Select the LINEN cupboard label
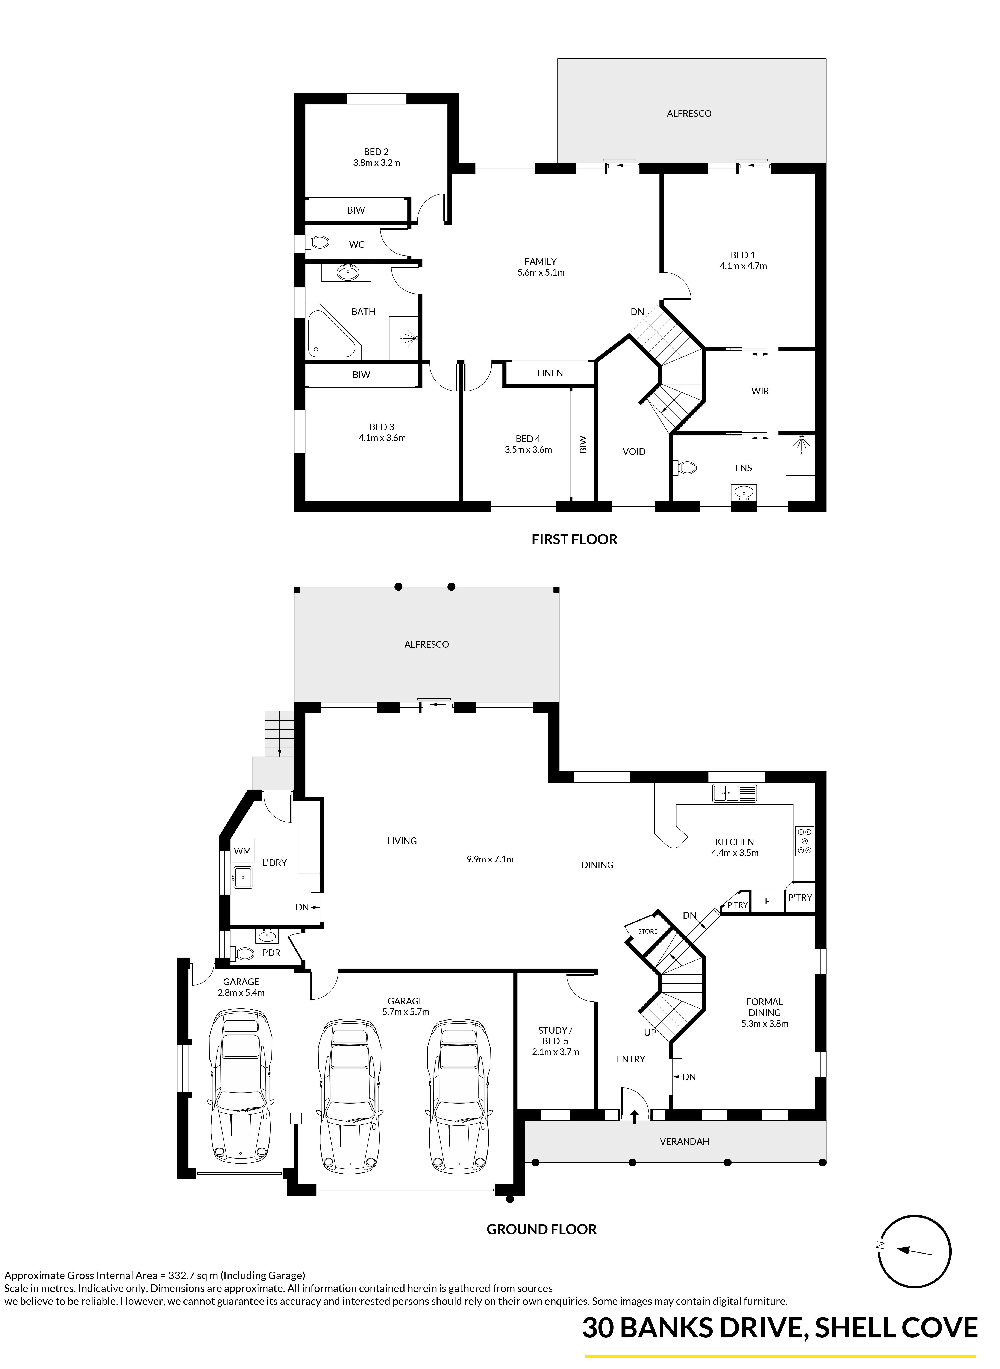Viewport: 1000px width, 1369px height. pyautogui.click(x=550, y=373)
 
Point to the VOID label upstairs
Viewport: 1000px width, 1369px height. pyautogui.click(x=634, y=451)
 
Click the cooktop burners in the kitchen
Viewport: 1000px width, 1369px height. pyautogui.click(x=805, y=841)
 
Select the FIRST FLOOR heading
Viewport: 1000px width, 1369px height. pyautogui.click(x=574, y=539)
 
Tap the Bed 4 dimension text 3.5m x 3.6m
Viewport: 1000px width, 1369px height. pyautogui.click(x=529, y=450)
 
